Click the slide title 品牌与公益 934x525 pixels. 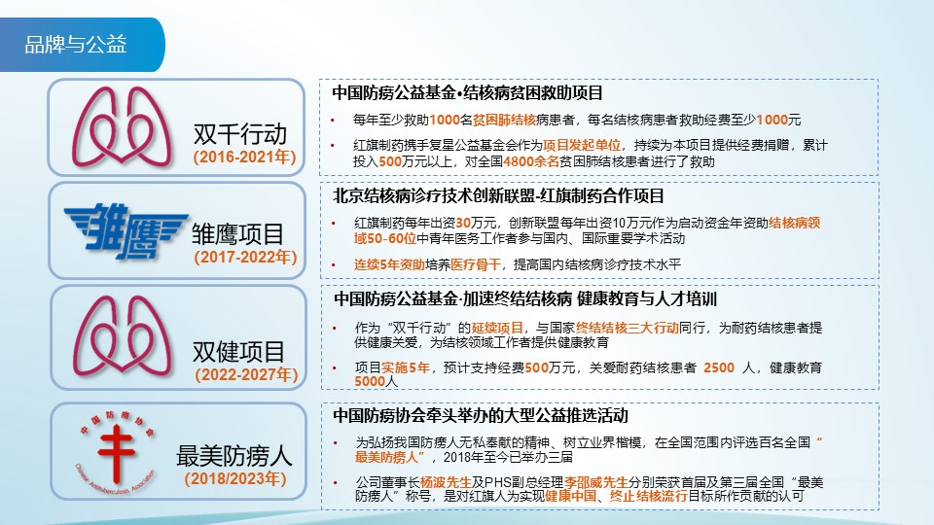[76, 44]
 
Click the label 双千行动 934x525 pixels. [242, 132]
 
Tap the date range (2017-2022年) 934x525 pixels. [244, 258]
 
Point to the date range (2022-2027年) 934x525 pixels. [244, 374]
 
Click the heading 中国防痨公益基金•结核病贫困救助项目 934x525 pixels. [468, 93]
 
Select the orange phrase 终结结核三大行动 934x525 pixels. [627, 329]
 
